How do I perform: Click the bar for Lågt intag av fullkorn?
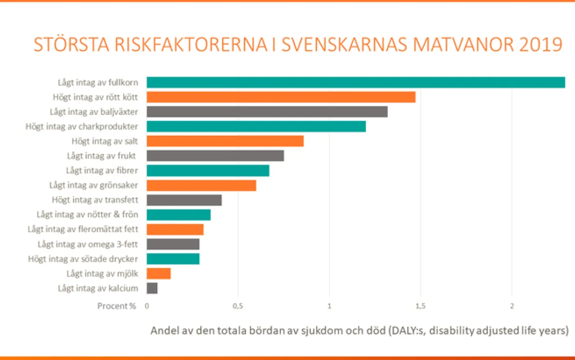click(356, 83)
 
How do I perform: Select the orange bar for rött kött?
click(281, 97)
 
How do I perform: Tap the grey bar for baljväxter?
click(267, 112)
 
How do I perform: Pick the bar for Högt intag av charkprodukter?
click(256, 126)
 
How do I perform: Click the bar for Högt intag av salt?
click(225, 141)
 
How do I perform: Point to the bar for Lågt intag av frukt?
click(215, 156)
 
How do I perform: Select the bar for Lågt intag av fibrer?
click(208, 171)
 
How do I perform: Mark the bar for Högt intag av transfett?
click(184, 200)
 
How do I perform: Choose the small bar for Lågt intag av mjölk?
click(159, 273)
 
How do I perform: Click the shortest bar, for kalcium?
click(152, 288)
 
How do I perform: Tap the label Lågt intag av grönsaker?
click(93, 185)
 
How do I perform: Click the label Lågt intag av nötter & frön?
click(87, 215)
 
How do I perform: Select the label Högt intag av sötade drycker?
click(83, 259)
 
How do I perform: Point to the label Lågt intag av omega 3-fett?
click(88, 244)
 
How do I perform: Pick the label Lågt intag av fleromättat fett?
click(83, 229)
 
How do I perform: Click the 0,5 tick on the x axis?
click(238, 306)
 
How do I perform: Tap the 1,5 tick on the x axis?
click(421, 306)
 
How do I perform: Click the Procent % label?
click(117, 306)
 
